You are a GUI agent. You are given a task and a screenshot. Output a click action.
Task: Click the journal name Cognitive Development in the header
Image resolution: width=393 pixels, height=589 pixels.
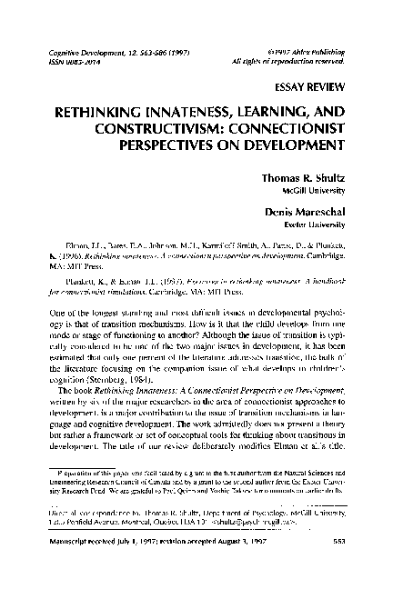coord(70,51)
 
